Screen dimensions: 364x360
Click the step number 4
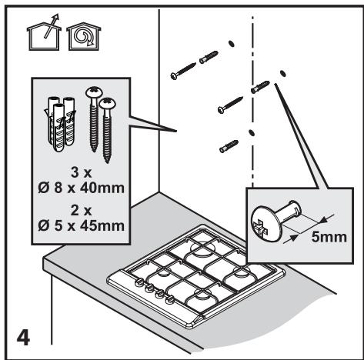(x=23, y=338)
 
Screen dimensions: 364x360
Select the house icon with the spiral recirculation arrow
(x=84, y=36)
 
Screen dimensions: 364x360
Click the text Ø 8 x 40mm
(x=82, y=188)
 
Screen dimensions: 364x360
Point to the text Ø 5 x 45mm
(x=82, y=226)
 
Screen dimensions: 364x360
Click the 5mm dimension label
(x=329, y=237)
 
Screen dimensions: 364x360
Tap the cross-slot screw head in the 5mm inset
(x=266, y=225)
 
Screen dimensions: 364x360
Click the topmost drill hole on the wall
(x=231, y=44)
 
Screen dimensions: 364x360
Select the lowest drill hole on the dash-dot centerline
(x=252, y=133)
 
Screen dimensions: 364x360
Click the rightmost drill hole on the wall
(x=283, y=73)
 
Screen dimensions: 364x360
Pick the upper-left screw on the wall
(x=183, y=71)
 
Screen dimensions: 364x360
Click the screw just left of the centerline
(x=230, y=105)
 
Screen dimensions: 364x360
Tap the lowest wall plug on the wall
(x=229, y=146)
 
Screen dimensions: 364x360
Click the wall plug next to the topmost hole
(x=209, y=57)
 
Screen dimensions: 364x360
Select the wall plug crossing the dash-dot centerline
(x=260, y=87)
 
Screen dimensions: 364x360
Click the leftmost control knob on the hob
(x=139, y=282)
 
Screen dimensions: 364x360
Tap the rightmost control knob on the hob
(x=169, y=299)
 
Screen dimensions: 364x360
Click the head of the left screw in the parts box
(x=94, y=92)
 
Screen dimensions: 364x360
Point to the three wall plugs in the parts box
(x=61, y=123)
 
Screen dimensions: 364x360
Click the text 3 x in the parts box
(x=81, y=172)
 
